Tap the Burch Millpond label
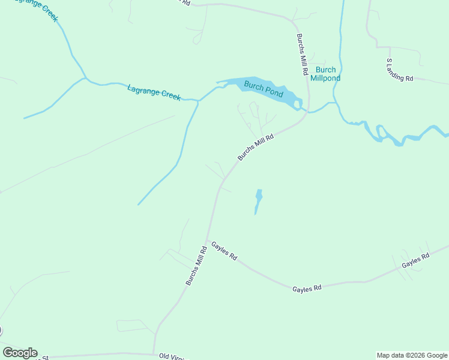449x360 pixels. coord(325,74)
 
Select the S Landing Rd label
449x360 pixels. coord(400,70)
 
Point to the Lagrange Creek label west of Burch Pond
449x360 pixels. coord(154,92)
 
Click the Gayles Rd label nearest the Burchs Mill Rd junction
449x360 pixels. coord(224,251)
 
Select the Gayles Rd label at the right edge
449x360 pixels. coord(415,260)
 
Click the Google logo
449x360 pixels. coord(20,353)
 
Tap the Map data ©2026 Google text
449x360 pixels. coord(412,355)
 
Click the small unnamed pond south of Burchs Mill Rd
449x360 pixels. coord(258,200)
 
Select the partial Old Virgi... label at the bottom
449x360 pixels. coord(174,356)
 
